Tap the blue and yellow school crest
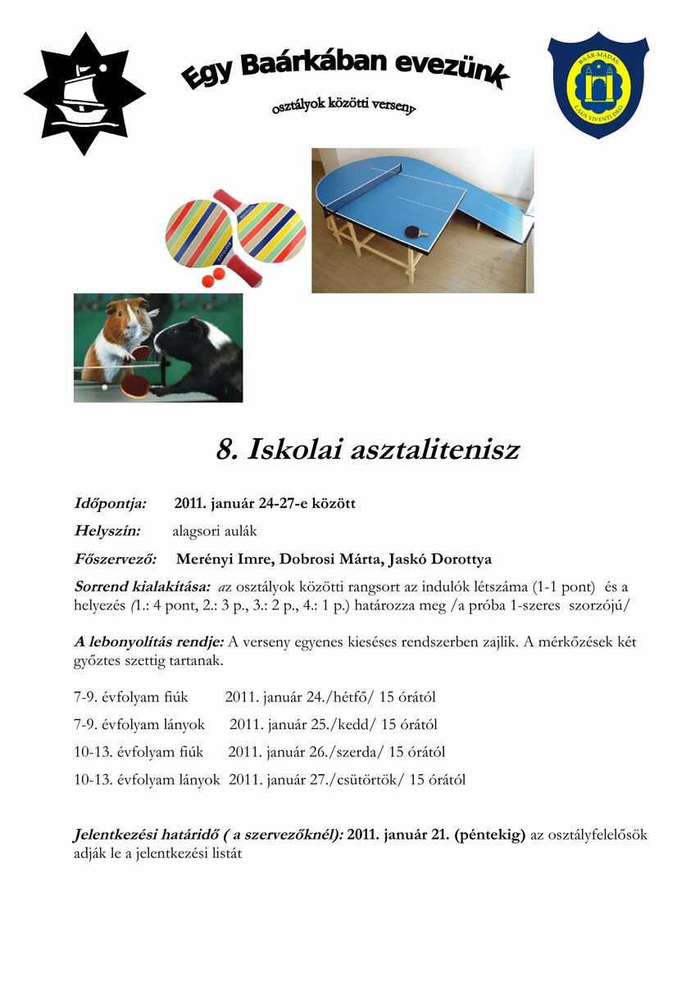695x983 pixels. [597, 86]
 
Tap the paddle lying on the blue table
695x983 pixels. [416, 233]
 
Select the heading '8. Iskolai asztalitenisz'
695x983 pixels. [367, 450]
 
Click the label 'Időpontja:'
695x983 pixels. [111, 503]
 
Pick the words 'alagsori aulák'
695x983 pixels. [215, 531]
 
